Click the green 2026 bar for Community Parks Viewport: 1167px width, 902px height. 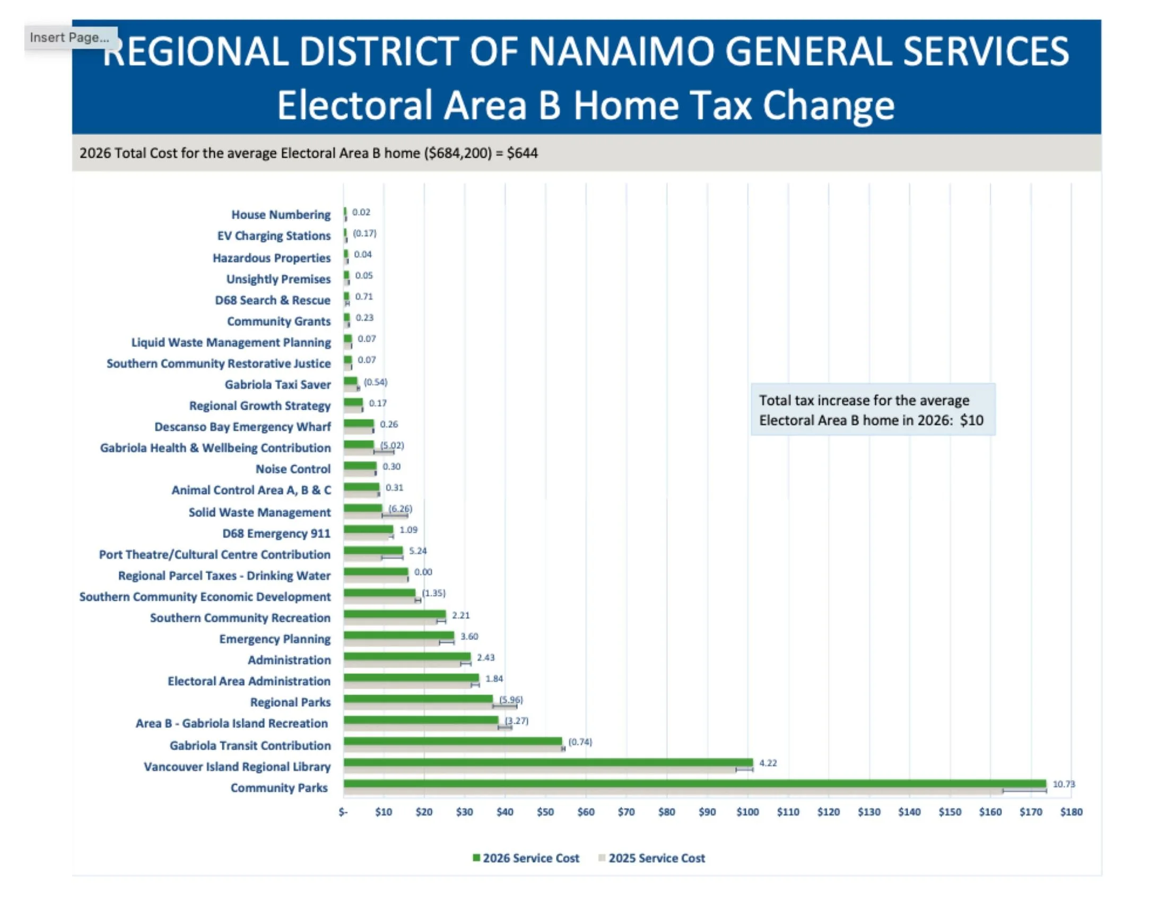click(x=694, y=784)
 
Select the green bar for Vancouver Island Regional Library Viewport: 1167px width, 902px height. click(x=548, y=762)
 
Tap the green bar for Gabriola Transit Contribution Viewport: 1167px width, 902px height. click(x=452, y=741)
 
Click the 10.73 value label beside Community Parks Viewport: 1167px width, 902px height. click(x=1064, y=784)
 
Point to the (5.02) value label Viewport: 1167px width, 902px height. click(x=391, y=445)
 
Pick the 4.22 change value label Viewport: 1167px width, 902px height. click(x=768, y=763)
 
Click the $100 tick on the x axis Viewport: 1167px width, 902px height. click(x=747, y=812)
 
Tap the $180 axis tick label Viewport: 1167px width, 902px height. click(x=1072, y=812)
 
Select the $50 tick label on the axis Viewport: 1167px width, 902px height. click(x=545, y=812)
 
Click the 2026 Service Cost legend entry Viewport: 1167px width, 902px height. click(x=526, y=858)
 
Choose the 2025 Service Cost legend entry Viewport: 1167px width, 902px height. click(x=651, y=858)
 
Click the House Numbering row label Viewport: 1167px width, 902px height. click(x=281, y=215)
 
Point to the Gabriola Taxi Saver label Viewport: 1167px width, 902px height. click(x=278, y=385)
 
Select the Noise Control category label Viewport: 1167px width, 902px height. click(x=293, y=469)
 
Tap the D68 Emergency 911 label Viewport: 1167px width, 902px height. click(x=277, y=534)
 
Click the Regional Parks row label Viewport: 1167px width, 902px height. click(x=291, y=702)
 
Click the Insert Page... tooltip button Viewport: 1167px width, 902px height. click(x=71, y=37)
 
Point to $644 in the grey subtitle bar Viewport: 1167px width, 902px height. click(x=522, y=153)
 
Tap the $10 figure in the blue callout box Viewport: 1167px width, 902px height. click(x=971, y=421)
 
